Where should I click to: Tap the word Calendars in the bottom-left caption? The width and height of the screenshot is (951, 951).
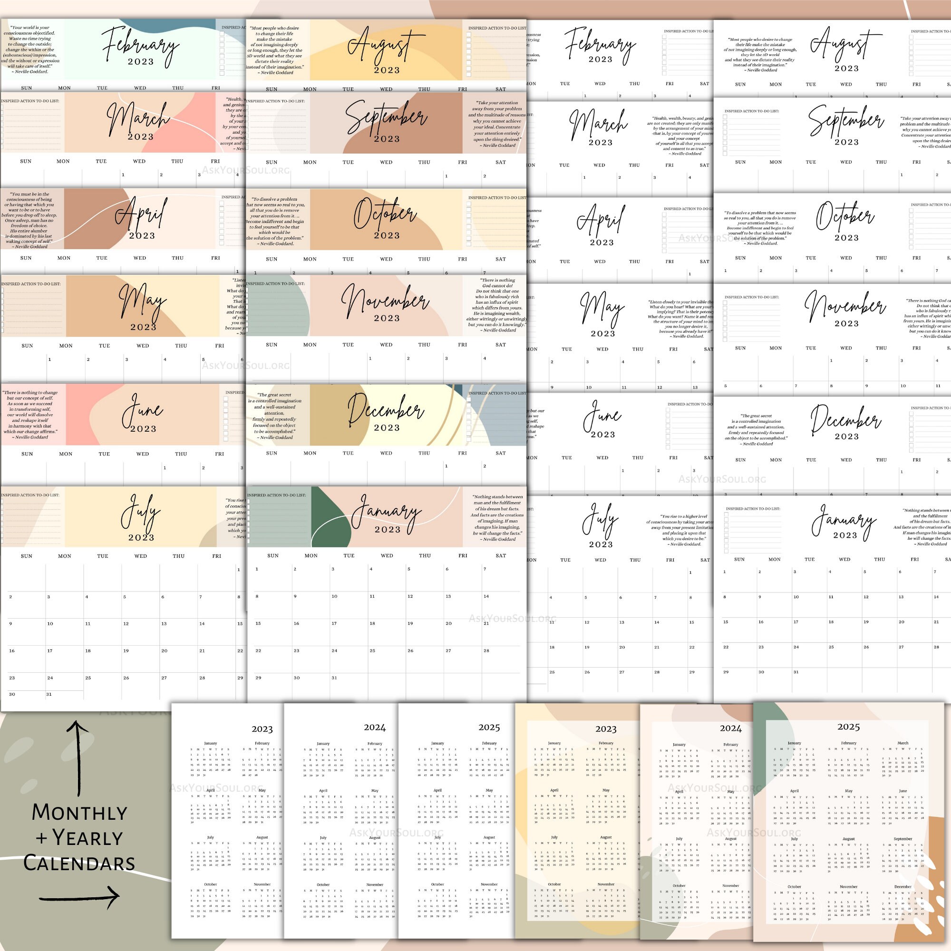(x=79, y=864)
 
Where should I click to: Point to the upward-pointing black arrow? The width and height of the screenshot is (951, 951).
(x=78, y=758)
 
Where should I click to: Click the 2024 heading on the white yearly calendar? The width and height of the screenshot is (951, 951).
(x=375, y=728)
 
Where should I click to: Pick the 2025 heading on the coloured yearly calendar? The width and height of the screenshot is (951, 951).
(x=849, y=727)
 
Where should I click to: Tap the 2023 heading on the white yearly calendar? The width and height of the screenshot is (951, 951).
(x=262, y=729)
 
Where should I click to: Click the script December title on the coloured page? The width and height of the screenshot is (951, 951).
(x=386, y=409)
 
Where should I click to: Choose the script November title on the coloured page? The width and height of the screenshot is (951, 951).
(x=386, y=300)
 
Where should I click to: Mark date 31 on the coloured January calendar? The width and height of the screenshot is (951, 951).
(x=334, y=678)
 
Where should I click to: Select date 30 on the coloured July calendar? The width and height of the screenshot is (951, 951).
(x=12, y=694)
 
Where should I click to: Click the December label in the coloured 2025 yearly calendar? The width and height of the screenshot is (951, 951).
(x=903, y=886)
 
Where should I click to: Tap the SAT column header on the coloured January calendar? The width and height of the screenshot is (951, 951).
(x=501, y=556)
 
